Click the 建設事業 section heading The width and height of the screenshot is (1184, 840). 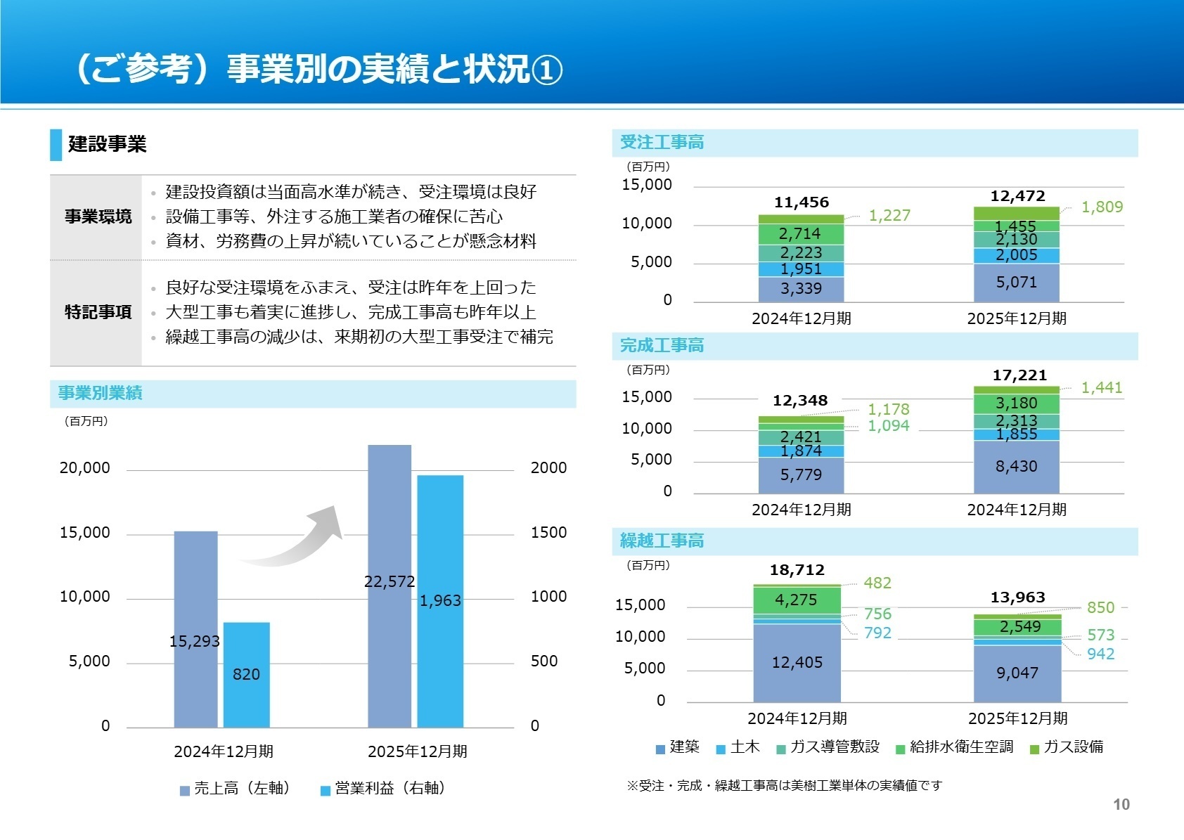click(x=107, y=144)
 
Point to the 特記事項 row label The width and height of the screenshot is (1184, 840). click(x=98, y=312)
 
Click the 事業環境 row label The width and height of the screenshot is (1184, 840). click(x=98, y=217)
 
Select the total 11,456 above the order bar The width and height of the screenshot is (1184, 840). click(x=802, y=202)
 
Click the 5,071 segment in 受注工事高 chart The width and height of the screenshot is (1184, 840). click(x=1016, y=283)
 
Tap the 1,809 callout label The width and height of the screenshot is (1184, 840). click(x=1102, y=207)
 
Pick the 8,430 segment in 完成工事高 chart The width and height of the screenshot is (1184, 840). click(x=1016, y=466)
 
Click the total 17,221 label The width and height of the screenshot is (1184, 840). click(x=1019, y=375)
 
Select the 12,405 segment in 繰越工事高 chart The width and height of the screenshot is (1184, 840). click(x=797, y=662)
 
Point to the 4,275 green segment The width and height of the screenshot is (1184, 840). click(x=796, y=600)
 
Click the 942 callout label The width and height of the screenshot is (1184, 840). click(x=1100, y=654)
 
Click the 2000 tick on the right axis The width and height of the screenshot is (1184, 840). click(x=548, y=468)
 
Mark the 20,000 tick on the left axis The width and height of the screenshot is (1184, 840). click(x=84, y=468)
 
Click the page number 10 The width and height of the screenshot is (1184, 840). click(x=1121, y=805)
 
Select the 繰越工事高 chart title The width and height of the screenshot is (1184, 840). click(x=662, y=541)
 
